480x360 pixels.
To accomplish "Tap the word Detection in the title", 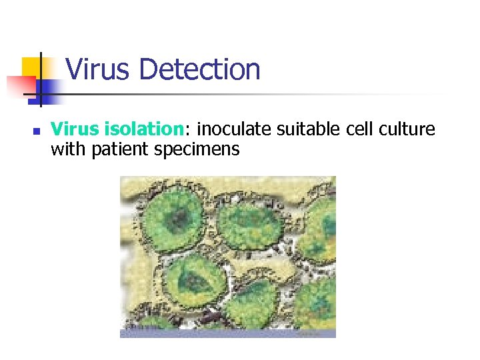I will click(x=200, y=69).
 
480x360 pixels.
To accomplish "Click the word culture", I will click(x=411, y=129).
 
